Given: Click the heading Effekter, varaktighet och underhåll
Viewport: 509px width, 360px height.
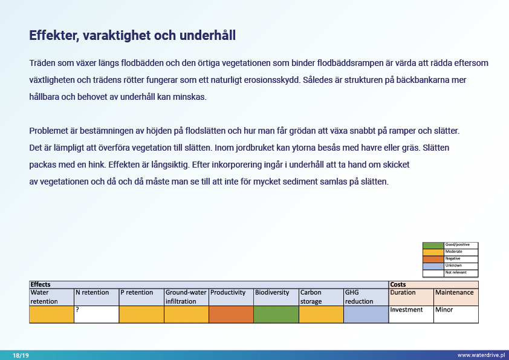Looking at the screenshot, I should (132, 36).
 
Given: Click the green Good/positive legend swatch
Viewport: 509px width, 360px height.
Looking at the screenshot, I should (433, 245).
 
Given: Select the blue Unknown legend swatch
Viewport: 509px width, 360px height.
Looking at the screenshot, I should (433, 266).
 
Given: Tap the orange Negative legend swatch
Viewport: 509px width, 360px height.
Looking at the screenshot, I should (433, 259).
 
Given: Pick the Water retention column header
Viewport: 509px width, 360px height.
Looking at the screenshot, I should (51, 296).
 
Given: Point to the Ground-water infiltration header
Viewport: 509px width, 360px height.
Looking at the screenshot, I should (186, 296).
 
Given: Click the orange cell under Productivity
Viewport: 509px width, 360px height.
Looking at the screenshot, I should (230, 314).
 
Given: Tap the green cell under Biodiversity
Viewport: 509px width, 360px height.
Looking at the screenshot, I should (276, 314).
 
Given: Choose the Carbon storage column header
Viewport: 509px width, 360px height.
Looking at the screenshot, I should (320, 296).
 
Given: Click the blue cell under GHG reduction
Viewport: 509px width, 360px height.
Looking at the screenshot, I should (366, 314).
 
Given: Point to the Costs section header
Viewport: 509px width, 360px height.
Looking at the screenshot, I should (398, 284).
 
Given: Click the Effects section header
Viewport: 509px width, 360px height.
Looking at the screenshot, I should (41, 284).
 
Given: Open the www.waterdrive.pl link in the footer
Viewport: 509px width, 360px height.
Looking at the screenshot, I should (480, 355).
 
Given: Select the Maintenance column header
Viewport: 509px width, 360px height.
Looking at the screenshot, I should (455, 293).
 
